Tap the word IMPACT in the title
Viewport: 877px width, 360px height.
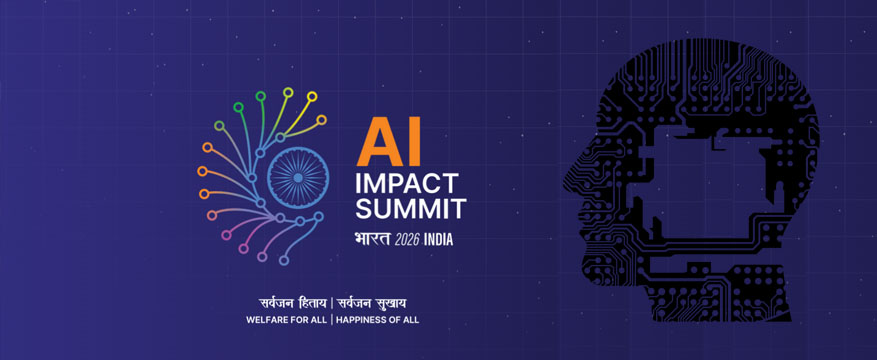click(x=407, y=183)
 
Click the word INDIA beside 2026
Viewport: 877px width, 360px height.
click(x=438, y=240)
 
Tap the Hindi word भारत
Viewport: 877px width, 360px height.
click(x=373, y=239)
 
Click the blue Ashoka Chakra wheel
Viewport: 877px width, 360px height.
click(x=298, y=177)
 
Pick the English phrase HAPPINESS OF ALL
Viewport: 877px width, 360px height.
click(x=378, y=320)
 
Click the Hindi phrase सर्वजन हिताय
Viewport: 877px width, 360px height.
click(x=294, y=304)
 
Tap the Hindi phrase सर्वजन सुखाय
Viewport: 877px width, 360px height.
click(x=371, y=304)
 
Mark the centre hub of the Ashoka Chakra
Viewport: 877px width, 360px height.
click(x=298, y=177)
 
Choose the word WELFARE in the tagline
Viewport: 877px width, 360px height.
click(x=267, y=320)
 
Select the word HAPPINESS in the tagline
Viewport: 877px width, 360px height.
click(x=360, y=320)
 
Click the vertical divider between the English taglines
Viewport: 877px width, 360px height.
click(x=332, y=320)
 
